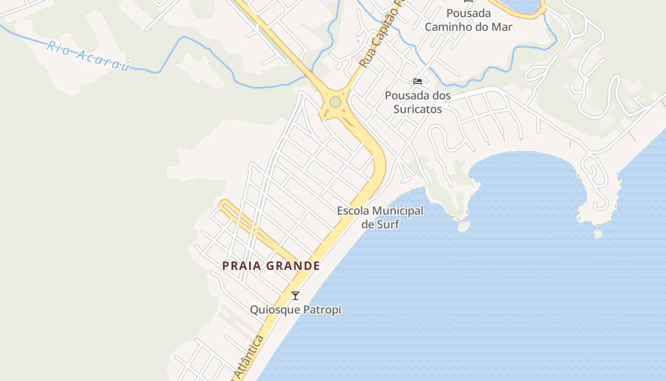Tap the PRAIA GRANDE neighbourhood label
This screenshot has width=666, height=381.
(x=271, y=266)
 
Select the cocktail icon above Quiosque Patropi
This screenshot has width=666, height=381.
(x=295, y=296)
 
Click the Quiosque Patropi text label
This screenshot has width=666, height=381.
(x=295, y=310)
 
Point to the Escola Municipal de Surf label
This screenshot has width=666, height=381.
(x=380, y=217)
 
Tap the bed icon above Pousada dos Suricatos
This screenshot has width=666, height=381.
(x=418, y=81)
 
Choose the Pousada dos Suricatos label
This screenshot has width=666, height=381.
(x=418, y=102)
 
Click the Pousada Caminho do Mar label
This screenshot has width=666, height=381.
(x=468, y=20)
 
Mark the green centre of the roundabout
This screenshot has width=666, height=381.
(x=335, y=102)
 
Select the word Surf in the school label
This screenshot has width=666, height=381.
(x=387, y=224)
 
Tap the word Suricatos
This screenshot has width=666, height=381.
(x=418, y=110)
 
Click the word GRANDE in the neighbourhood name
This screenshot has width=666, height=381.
(x=293, y=266)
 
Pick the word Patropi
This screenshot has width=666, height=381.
(x=324, y=310)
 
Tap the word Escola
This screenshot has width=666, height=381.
(x=353, y=211)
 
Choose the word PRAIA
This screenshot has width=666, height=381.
(x=242, y=266)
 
